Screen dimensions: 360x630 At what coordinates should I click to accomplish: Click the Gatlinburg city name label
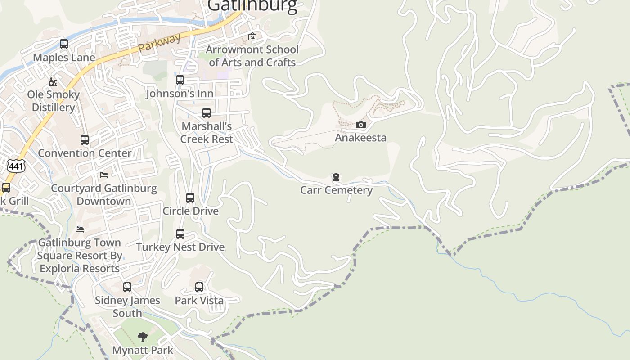[252, 5]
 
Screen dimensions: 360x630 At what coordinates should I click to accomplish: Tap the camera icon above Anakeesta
[361, 125]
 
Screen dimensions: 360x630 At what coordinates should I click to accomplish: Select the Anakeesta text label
[360, 138]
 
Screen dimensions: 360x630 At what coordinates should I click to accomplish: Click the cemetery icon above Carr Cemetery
[336, 177]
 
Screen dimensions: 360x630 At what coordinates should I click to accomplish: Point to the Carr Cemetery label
[336, 190]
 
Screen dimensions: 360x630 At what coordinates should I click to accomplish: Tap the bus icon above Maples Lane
[64, 44]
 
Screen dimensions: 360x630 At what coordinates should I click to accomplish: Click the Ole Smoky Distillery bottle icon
[53, 82]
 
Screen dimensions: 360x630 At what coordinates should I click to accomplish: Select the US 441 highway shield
[16, 166]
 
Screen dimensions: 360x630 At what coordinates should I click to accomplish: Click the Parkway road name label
[159, 42]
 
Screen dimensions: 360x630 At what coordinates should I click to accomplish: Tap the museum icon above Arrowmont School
[252, 36]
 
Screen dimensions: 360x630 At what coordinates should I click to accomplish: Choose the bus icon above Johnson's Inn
[180, 80]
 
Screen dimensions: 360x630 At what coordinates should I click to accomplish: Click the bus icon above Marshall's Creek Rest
[207, 113]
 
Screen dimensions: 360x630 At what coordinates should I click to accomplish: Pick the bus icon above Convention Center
[85, 140]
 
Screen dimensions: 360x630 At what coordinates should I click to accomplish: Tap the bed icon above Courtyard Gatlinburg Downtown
[104, 175]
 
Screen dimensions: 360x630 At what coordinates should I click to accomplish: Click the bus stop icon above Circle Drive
[190, 198]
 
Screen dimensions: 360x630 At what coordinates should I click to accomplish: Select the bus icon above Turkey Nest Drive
[180, 234]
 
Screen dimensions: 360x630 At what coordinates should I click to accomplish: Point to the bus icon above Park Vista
[199, 287]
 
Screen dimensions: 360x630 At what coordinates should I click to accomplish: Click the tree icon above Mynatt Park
[143, 337]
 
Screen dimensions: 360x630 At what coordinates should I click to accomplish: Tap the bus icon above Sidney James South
[127, 287]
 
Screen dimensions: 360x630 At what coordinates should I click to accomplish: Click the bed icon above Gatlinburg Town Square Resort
[80, 229]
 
